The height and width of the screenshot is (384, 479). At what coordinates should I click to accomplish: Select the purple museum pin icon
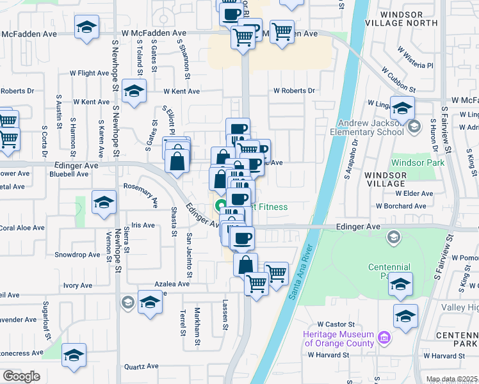click(x=384, y=337)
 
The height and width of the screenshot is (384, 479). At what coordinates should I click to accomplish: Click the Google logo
click(x=21, y=376)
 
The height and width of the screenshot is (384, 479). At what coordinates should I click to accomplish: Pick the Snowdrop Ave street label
click(x=77, y=254)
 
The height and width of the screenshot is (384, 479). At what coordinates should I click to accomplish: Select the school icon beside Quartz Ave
click(x=74, y=356)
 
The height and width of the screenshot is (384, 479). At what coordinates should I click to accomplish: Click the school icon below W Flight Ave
click(x=134, y=91)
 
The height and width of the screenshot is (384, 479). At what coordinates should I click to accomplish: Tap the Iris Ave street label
click(x=144, y=225)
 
